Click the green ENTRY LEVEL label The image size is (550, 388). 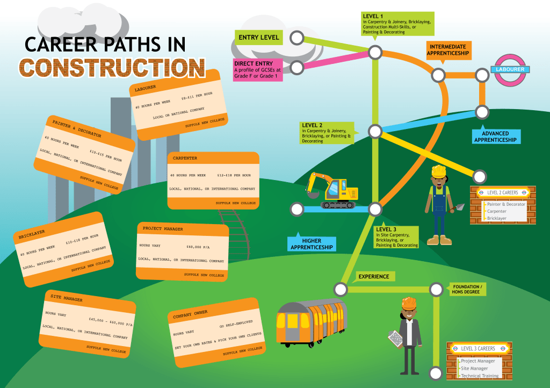tap(259, 38)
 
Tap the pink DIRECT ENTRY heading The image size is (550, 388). tap(254, 63)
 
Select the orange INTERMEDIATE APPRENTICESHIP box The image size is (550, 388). tap(449, 50)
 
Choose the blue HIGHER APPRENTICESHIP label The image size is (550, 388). tap(312, 244)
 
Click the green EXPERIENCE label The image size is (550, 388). tap(374, 276)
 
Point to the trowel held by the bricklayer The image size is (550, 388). tap(460, 207)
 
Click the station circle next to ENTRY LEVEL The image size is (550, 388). tap(296, 38)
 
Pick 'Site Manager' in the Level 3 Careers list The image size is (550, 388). tap(474, 368)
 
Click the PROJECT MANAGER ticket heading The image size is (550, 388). tap(163, 229)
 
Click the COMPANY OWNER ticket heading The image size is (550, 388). tap(190, 315)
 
